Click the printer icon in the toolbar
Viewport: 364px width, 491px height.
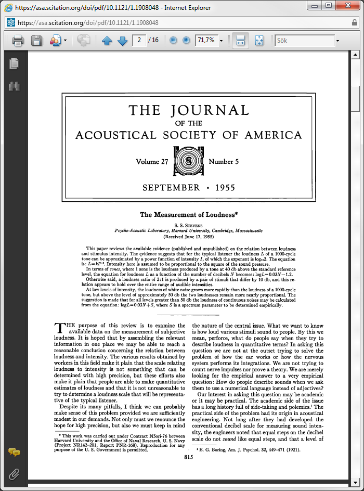click(x=18, y=41)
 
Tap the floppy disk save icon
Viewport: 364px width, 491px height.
click(x=36, y=41)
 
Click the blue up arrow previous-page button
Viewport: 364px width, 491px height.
click(x=107, y=41)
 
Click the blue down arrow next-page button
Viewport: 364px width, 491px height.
click(x=123, y=41)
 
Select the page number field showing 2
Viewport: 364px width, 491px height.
click(x=139, y=40)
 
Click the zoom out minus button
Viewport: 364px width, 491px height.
click(x=173, y=40)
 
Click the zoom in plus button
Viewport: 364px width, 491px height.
click(x=186, y=40)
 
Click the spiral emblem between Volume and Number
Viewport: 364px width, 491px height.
click(x=188, y=162)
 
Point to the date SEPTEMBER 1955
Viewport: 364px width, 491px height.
click(x=188, y=188)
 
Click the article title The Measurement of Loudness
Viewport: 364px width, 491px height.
click(x=188, y=214)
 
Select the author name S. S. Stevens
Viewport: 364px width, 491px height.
click(x=188, y=224)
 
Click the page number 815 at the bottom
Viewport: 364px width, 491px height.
click(x=188, y=457)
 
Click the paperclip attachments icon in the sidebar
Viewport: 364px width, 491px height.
click(x=14, y=474)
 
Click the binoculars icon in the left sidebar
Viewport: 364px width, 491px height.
click(x=14, y=86)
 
